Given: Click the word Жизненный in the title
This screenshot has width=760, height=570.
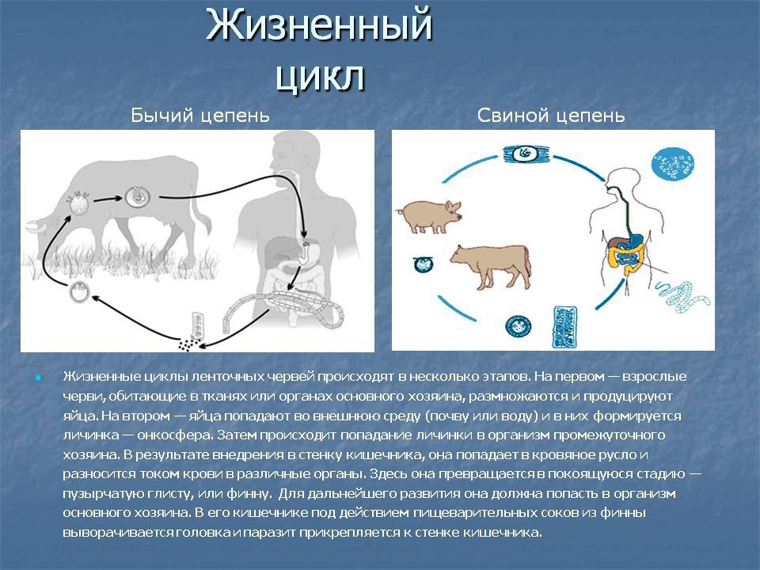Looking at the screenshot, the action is pyautogui.click(x=319, y=25).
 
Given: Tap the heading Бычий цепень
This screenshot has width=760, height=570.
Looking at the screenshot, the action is pyautogui.click(x=200, y=116).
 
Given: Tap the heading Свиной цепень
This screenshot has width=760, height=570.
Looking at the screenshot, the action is pyautogui.click(x=551, y=116).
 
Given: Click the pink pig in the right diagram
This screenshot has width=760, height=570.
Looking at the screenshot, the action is pyautogui.click(x=429, y=216).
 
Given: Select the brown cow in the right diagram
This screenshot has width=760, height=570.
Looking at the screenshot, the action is pyautogui.click(x=490, y=264).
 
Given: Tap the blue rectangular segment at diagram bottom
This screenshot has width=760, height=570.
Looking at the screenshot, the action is pyautogui.click(x=564, y=327).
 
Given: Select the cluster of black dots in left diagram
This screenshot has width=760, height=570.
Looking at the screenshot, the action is pyautogui.click(x=189, y=344).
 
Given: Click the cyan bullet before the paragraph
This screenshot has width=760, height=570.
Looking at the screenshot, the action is pyautogui.click(x=38, y=377).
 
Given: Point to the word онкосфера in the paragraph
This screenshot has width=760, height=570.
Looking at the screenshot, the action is pyautogui.click(x=174, y=435).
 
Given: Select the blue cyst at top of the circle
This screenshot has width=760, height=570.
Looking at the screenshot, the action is pyautogui.click(x=525, y=154).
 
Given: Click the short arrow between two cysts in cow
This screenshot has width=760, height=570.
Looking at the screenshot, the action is pyautogui.click(x=108, y=199).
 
